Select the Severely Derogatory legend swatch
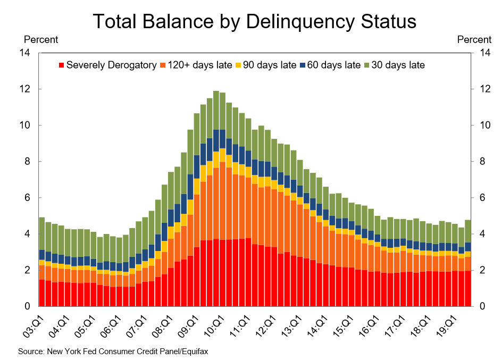(x=62, y=65)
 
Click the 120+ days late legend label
(x=200, y=65)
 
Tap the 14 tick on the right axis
(x=484, y=53)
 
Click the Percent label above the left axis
(x=41, y=39)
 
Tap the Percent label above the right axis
(x=474, y=39)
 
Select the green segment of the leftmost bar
(x=42, y=233)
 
